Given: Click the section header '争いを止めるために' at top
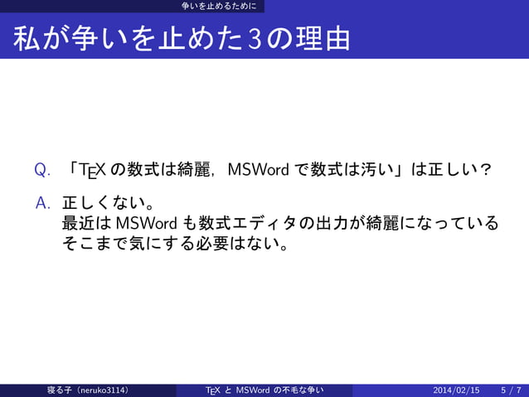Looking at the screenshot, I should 220,6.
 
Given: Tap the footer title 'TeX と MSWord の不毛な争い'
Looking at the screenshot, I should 264,390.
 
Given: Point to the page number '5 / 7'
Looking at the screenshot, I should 511,390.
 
